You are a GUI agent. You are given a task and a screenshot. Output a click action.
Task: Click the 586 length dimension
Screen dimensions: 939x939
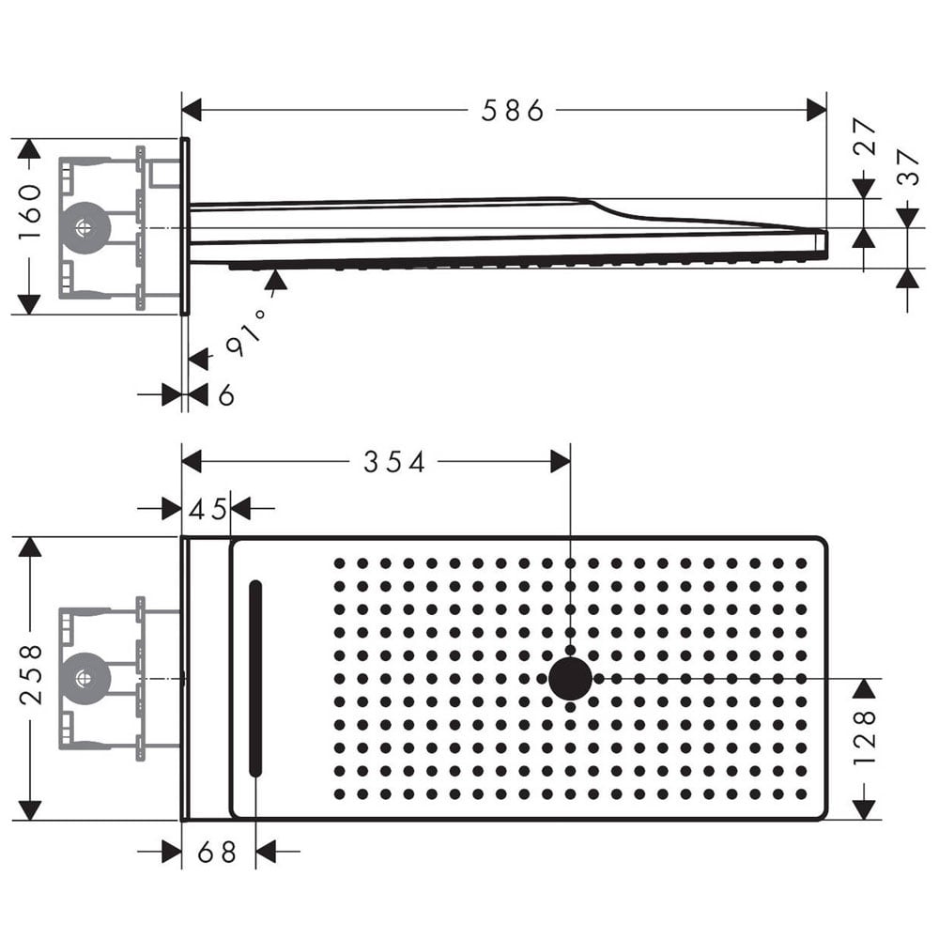[513, 111]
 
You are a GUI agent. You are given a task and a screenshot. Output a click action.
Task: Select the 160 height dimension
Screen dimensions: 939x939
[29, 211]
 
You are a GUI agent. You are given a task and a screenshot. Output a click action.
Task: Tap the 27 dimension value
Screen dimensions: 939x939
[864, 136]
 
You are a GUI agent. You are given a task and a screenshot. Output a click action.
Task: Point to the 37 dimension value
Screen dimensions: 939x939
[908, 167]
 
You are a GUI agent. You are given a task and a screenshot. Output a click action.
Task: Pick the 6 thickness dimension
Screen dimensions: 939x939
[226, 395]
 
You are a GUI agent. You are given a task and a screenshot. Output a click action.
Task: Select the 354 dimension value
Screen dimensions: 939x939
[394, 462]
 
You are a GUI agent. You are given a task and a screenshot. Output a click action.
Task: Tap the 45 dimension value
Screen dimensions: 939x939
[208, 509]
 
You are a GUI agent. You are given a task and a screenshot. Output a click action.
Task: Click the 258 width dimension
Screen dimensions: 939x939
[30, 674]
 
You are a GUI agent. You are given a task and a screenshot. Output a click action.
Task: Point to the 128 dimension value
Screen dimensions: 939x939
[864, 737]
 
